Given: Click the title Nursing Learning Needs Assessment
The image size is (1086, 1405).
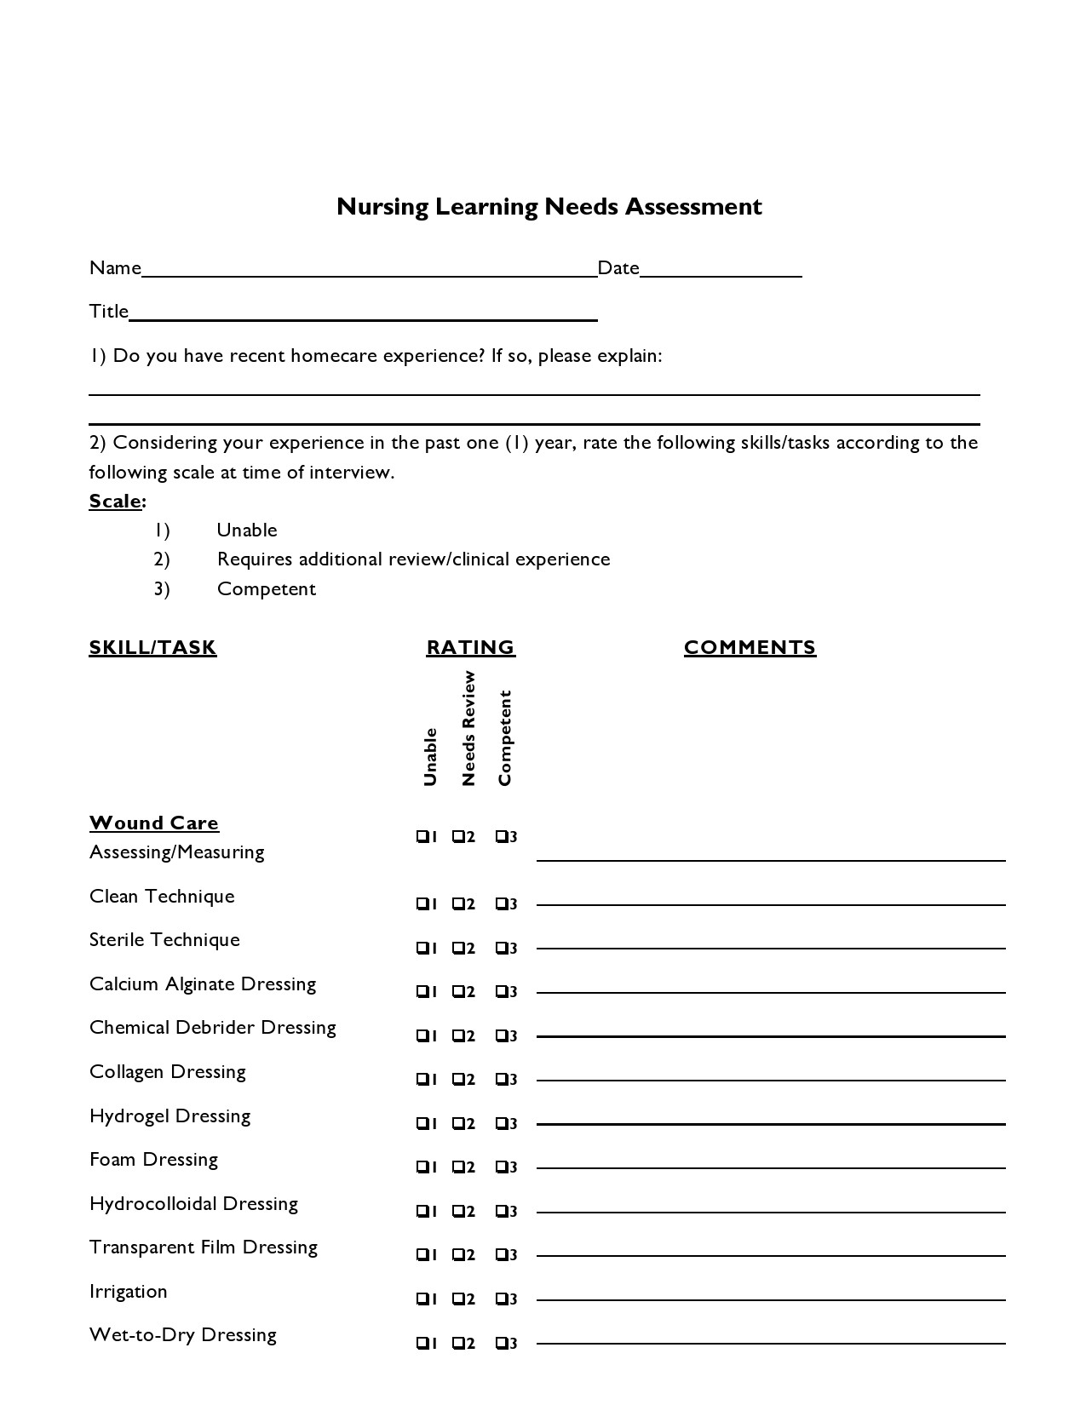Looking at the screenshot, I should click(x=549, y=207).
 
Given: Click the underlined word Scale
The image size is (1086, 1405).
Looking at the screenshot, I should click(x=115, y=501).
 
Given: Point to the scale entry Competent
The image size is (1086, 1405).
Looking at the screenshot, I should click(x=266, y=589).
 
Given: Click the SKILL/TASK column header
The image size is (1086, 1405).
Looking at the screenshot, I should click(x=152, y=648).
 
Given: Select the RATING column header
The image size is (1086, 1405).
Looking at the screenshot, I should click(x=470, y=648).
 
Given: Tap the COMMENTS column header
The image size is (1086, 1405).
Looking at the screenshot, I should click(x=750, y=648).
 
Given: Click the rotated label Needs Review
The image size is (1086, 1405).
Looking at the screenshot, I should click(x=468, y=729).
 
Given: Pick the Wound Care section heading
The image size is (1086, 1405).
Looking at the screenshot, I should click(x=154, y=823).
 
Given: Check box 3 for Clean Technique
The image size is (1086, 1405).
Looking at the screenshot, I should click(x=501, y=903).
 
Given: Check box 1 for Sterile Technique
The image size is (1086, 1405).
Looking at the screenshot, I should click(x=422, y=948).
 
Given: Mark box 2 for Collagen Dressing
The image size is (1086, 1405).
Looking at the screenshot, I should click(x=458, y=1080).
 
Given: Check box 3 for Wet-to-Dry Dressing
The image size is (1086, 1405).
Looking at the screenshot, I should click(x=501, y=1343).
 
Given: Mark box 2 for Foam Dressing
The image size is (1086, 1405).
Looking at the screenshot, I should click(x=458, y=1167).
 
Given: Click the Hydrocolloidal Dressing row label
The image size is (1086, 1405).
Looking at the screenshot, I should click(x=193, y=1204).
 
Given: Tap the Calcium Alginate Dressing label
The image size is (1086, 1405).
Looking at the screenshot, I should click(x=203, y=984).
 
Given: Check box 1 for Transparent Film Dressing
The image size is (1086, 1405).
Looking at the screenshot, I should click(x=422, y=1255).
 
